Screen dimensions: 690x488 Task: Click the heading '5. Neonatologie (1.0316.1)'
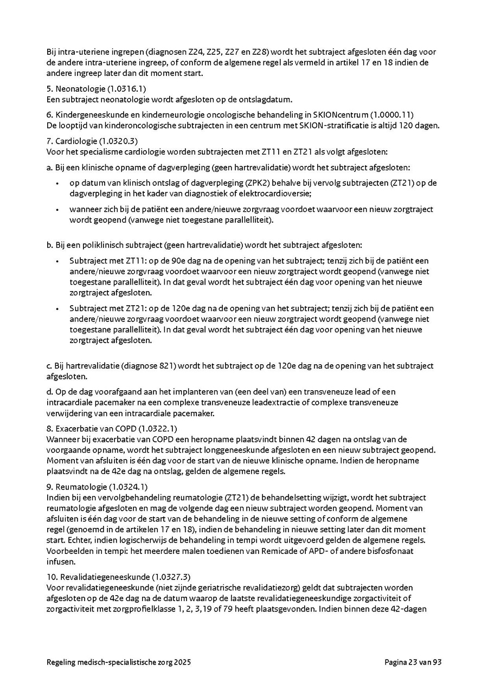pos(96,88)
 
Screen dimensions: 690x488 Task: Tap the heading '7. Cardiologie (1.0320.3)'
pos(92,141)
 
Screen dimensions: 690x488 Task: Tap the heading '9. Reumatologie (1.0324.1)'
pos(97,487)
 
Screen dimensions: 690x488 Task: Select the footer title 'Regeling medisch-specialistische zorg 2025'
pos(119,662)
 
